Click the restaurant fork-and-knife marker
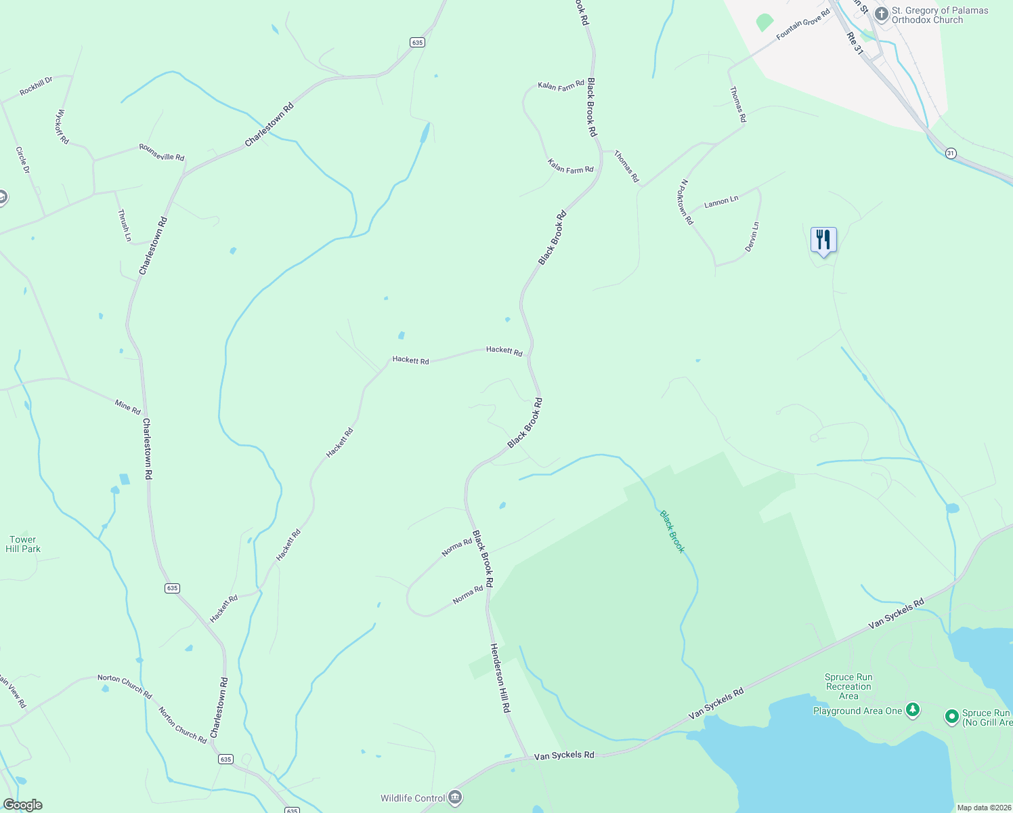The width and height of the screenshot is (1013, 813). point(823,240)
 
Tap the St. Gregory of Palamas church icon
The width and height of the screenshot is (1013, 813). point(881,14)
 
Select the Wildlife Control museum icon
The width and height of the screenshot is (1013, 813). point(455,797)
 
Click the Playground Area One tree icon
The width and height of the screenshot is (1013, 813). point(913,710)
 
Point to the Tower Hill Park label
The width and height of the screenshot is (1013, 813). point(23,545)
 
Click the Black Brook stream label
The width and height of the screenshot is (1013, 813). point(672,532)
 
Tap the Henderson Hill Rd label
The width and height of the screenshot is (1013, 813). point(500,677)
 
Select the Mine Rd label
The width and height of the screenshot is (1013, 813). point(127,407)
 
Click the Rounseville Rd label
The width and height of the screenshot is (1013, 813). point(162,152)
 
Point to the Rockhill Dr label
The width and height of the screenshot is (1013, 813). point(36,87)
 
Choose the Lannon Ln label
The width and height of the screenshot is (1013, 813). point(721,202)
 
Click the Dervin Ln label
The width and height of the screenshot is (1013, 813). point(752,237)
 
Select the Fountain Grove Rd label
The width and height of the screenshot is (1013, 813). point(803,24)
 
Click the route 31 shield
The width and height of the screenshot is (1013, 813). point(951,153)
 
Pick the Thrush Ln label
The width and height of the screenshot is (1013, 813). point(124,225)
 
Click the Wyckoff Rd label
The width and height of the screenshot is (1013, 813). point(62,127)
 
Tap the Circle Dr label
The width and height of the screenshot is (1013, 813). point(22,160)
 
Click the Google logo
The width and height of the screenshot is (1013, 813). point(22,805)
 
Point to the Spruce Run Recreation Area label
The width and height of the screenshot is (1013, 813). point(848,686)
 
